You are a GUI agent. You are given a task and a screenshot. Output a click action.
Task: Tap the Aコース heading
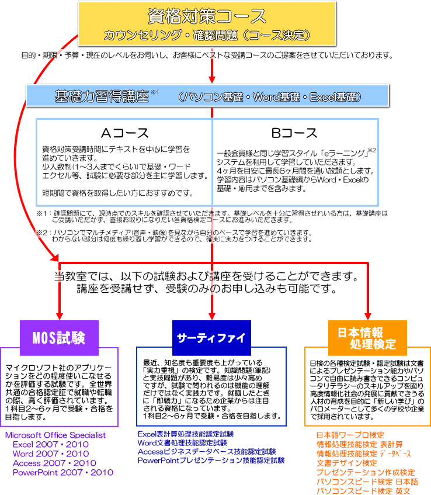[124, 133]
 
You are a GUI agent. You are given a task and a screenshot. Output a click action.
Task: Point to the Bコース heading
[295, 133]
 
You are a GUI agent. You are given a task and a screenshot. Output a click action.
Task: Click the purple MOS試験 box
[58, 337]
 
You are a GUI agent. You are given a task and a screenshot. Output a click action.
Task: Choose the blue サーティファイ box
[212, 337]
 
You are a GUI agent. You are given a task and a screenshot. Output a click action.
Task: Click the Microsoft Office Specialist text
[55, 435]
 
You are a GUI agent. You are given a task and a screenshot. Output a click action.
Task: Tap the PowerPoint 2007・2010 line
[63, 472]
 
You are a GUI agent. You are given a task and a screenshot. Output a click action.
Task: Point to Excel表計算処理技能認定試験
[186, 434]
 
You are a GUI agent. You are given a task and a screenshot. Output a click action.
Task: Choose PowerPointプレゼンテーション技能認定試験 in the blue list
[211, 461]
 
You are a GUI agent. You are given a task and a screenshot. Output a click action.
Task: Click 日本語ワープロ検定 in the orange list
[350, 435]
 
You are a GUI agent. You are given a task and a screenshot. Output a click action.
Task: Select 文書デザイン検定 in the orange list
[347, 463]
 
